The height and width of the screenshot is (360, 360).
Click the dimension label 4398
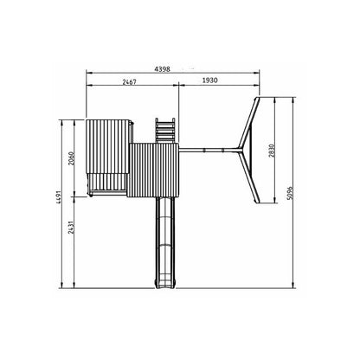pos(163,69)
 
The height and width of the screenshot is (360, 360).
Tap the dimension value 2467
pos(129,82)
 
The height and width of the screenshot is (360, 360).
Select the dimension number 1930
pos(209,80)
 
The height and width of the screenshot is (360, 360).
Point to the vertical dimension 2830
pos(272,151)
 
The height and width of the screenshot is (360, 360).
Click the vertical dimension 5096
pos(290,193)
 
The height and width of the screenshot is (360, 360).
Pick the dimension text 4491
pos(59,197)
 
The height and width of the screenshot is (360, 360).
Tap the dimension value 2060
pos(72,158)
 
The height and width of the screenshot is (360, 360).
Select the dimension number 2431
pos(72,228)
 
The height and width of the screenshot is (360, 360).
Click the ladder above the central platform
pos(165,131)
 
